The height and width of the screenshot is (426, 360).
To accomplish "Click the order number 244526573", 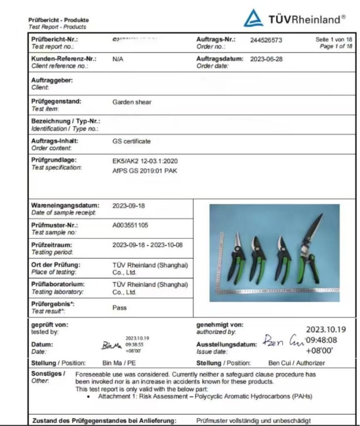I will pyautogui.click(x=266, y=40).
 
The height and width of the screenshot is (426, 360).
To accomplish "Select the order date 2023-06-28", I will pyautogui.click(x=266, y=60).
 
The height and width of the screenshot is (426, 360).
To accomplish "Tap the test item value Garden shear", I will pyautogui.click(x=132, y=102).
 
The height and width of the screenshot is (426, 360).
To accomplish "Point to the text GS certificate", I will pyautogui.click(x=132, y=141).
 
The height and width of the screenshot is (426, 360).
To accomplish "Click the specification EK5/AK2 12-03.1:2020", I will pyautogui.click(x=145, y=161).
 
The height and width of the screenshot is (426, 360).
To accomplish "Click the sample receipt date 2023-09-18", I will pyautogui.click(x=128, y=205).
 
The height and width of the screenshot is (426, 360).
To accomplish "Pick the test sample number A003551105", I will pyautogui.click(x=130, y=225).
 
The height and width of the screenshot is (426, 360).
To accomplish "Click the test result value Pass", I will pyautogui.click(x=120, y=308).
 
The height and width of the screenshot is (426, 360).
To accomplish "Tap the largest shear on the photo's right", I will pyautogui.click(x=309, y=253).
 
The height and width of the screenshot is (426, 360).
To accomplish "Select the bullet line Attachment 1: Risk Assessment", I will pyautogui.click(x=205, y=396).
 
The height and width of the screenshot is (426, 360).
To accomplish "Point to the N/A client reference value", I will pyautogui.click(x=118, y=60).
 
